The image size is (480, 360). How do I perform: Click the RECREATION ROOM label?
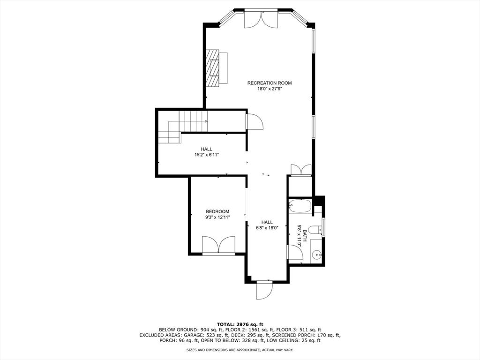pos(270,83)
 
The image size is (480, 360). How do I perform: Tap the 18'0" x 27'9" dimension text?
pos(270,89)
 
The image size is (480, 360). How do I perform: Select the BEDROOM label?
pos(217,211)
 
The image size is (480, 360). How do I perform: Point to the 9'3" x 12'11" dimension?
pos(217,217)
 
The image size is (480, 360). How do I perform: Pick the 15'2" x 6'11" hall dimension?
pos(207,155)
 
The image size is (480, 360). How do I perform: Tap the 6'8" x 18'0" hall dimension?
pos(267,228)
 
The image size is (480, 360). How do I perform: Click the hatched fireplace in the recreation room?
pos(212,68)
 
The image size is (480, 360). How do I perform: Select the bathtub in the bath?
pos(300,206)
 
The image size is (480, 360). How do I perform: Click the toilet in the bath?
pos(315,230)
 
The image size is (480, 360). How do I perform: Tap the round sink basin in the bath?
pos(318,254)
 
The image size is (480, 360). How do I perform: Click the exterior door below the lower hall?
pos(264,290)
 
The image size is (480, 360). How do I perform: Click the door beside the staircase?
pos(254,121)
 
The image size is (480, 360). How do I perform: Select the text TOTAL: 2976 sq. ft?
pos(240,324)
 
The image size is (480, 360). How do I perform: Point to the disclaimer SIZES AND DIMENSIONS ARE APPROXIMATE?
pos(224,350)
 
